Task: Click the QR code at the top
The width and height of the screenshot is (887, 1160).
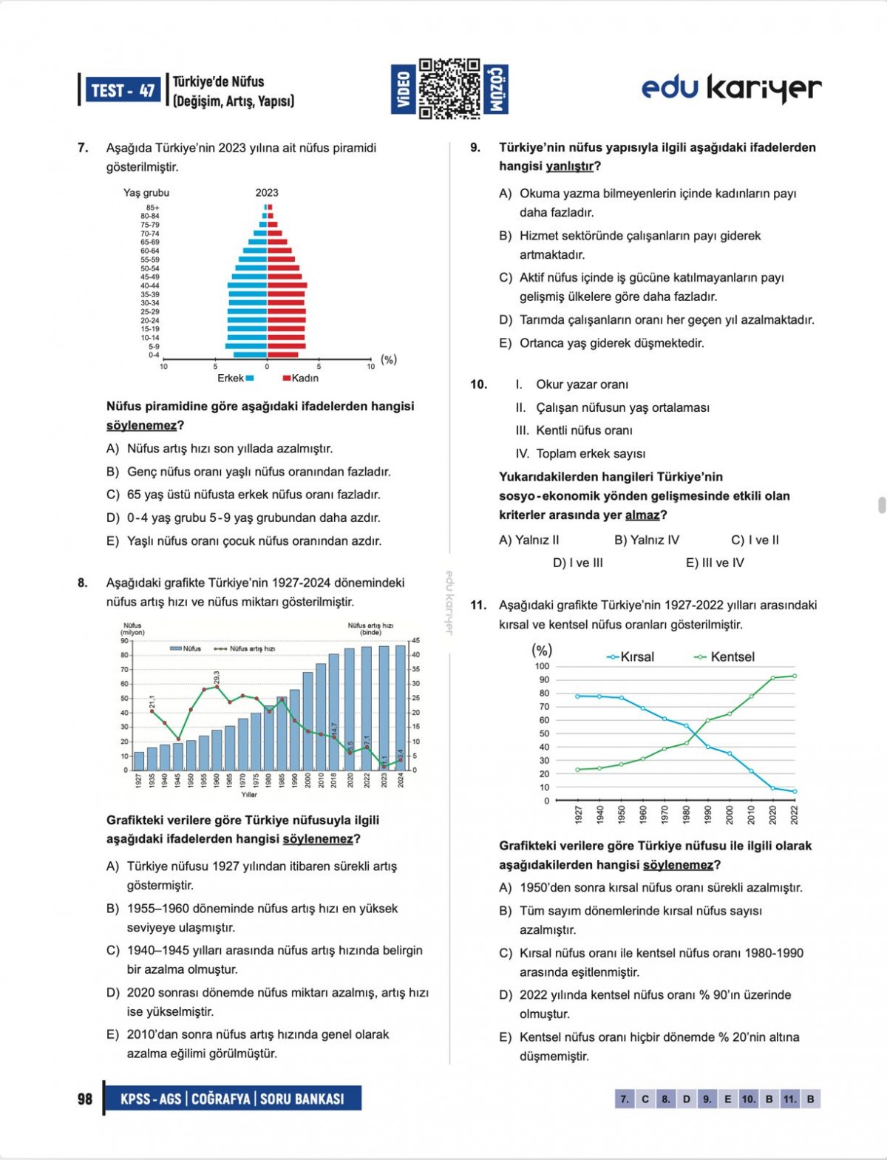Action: coord(449,89)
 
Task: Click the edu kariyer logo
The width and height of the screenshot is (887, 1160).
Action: coord(731,88)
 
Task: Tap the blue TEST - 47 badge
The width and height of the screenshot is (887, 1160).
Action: coord(123,90)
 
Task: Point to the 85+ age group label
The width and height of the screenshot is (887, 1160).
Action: coord(152,208)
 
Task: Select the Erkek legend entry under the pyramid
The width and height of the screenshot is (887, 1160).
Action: coord(235,378)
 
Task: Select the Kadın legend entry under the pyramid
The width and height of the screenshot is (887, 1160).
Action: coord(301,378)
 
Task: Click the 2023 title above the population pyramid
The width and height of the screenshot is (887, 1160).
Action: coord(267,192)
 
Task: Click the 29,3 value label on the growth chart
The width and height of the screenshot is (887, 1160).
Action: coord(217,677)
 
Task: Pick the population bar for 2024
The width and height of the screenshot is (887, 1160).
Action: coord(401,708)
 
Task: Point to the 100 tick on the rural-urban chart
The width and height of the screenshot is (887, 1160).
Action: coord(542,666)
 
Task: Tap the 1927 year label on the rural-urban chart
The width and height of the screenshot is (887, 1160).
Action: coord(578,814)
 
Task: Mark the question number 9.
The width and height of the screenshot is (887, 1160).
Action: coord(475,147)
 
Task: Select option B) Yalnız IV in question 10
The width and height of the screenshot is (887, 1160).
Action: coord(646,540)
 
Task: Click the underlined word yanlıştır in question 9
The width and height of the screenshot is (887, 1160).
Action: coord(569,166)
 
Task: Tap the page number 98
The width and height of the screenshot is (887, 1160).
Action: coord(85,1099)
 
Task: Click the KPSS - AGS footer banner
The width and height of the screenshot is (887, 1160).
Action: coord(232,1099)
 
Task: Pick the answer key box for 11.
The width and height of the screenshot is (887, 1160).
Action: coord(790,1099)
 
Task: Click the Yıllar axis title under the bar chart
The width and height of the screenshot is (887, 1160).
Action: coord(249,795)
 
